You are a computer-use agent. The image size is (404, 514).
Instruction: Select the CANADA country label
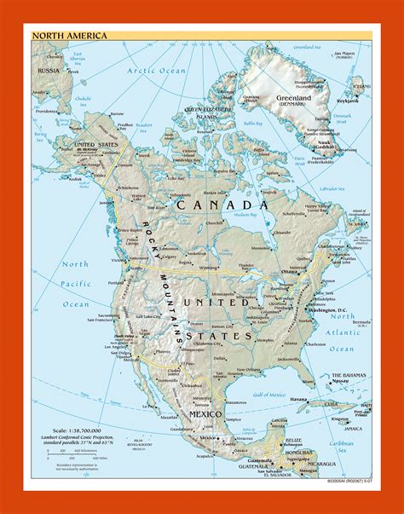(x=222, y=205)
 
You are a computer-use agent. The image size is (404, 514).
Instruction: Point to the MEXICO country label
(x=204, y=413)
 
